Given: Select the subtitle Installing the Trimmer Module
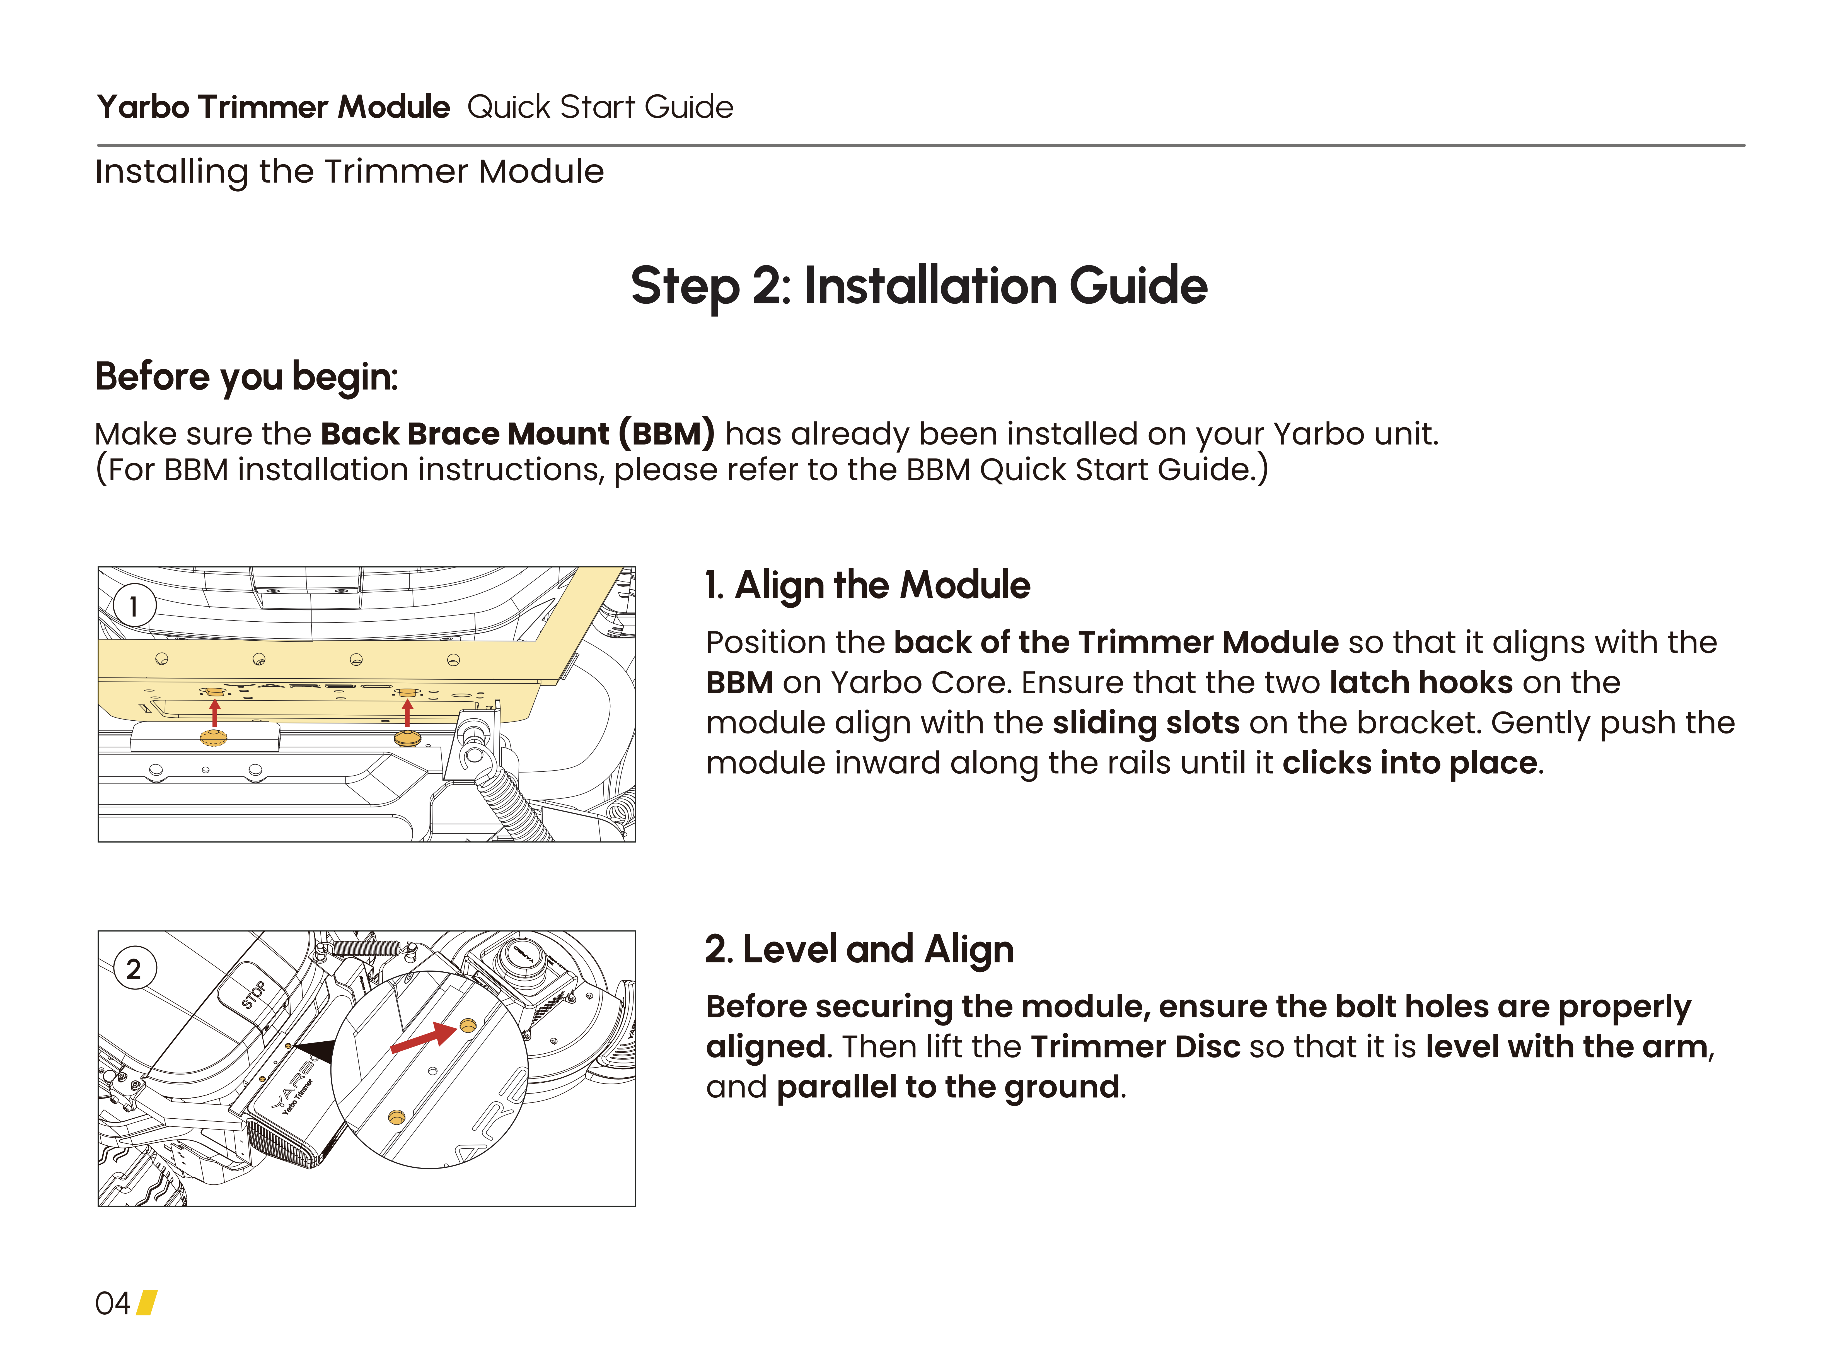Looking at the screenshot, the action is pos(350,172).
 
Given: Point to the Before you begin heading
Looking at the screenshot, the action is pos(246,377).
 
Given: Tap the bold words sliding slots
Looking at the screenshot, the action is pos(1146,723).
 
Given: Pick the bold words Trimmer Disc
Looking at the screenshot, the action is pos(1136,1047).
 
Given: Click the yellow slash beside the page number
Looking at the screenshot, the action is pos(146,1303).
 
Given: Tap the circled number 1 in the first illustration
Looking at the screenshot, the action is pos(133,606).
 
